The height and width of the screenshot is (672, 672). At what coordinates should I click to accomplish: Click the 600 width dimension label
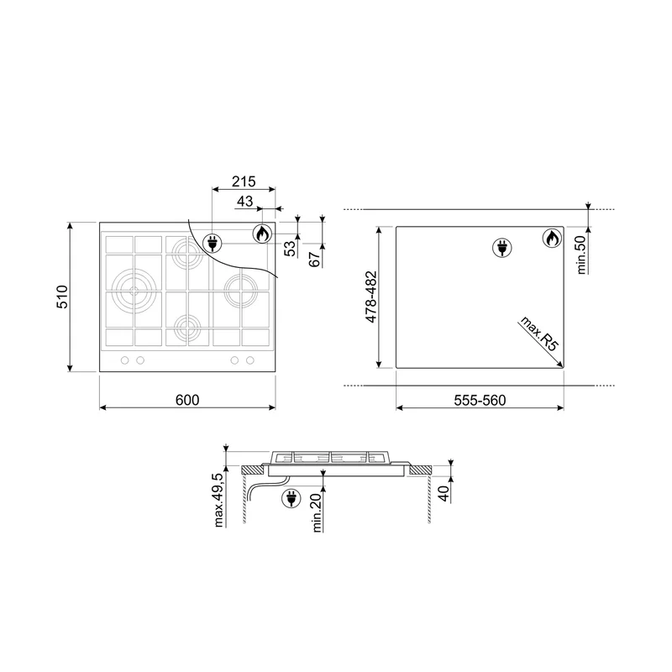point(187,400)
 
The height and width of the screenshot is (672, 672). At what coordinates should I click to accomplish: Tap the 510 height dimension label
point(62,297)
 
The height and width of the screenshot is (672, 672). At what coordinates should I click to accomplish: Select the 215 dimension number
point(244,181)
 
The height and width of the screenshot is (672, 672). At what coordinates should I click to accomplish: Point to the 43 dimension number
point(244,201)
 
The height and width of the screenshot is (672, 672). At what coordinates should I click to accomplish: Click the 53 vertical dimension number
point(291,249)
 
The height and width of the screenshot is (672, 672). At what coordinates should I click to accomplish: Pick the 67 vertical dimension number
point(315,260)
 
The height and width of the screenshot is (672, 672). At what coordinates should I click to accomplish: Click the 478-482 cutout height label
point(370,297)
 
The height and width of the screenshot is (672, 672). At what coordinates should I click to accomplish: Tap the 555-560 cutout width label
point(480,401)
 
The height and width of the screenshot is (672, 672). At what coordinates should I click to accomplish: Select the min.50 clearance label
point(581,255)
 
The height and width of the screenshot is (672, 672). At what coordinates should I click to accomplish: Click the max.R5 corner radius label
point(539,333)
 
